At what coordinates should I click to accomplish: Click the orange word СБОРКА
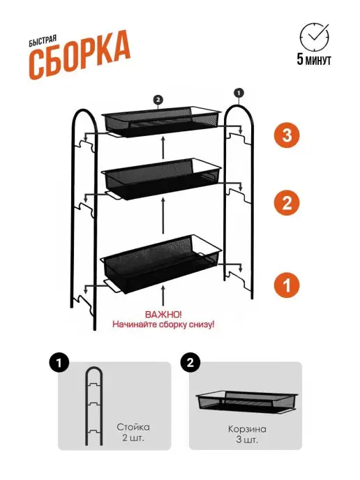[80, 55]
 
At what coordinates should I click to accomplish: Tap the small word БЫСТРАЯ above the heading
[43, 41]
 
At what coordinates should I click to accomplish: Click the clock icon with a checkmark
[314, 37]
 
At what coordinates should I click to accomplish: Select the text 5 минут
[314, 59]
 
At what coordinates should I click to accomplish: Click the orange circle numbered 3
[287, 135]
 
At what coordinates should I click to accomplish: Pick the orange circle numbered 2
[287, 202]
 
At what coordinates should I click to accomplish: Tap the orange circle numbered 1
[287, 285]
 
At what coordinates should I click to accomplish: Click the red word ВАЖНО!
[163, 315]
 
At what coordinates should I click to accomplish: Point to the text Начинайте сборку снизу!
[163, 324]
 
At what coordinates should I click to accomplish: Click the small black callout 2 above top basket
[158, 100]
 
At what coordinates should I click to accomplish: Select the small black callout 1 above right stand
[239, 93]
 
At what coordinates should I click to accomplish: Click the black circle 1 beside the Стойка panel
[59, 363]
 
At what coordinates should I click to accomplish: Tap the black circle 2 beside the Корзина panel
[190, 363]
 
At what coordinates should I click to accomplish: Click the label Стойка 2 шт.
[133, 433]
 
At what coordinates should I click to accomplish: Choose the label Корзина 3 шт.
[247, 435]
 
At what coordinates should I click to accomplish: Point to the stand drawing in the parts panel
[93, 406]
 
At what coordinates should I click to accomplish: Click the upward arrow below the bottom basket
[163, 295]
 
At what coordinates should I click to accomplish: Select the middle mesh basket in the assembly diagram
[163, 179]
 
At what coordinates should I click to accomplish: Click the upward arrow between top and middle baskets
[163, 147]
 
